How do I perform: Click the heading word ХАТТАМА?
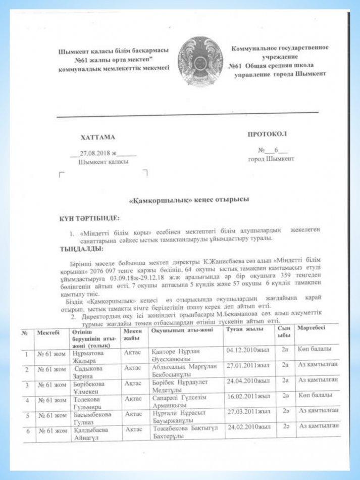coord(97,137)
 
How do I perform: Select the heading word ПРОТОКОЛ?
coord(267,134)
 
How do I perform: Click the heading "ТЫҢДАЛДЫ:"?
coord(81,249)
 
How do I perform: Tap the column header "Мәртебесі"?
coord(314,328)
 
